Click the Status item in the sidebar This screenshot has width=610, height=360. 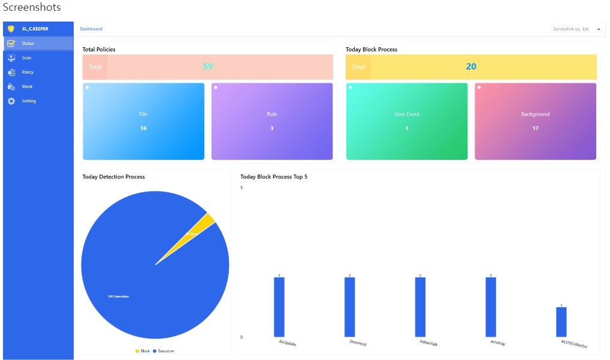pos(28,44)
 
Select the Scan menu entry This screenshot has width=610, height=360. pos(26,58)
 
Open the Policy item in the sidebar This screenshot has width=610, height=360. pos(28,72)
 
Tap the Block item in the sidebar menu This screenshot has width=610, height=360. pos(27,87)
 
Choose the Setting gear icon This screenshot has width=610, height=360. pos(11,101)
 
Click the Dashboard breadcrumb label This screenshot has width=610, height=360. pos(91,29)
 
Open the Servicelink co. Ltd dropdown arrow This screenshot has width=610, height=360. pos(599,29)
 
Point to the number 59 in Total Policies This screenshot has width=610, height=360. pos(208,66)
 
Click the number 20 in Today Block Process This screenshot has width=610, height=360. pos(471,66)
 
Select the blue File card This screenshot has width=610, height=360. pos(143,121)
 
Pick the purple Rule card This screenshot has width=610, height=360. pos(272,121)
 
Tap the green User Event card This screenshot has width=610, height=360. pos(407,121)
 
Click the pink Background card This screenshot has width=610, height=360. pos(536,121)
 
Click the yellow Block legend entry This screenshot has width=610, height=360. pos(143,350)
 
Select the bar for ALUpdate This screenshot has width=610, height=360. pos(279,307)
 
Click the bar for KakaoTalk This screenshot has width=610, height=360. pos(420,307)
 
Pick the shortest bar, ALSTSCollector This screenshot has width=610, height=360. pos(561,322)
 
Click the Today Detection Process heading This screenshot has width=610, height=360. pos(114,177)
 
